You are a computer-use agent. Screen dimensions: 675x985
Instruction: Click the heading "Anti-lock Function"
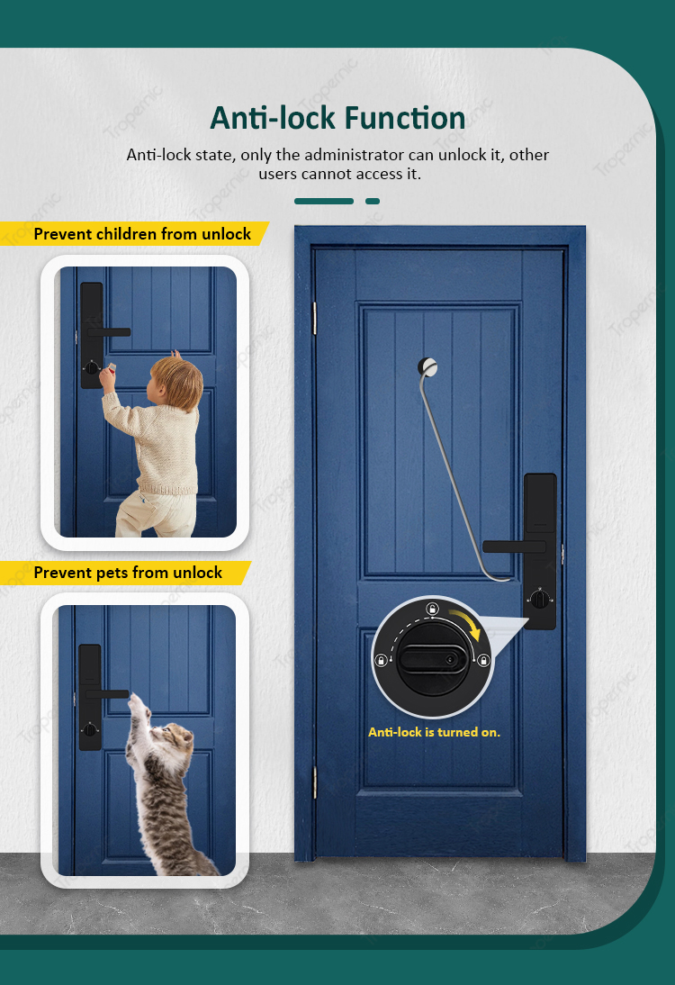tap(337, 118)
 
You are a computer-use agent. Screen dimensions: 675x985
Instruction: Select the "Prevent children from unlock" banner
tap(134, 234)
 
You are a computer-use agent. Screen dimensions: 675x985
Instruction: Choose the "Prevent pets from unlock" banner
tap(126, 573)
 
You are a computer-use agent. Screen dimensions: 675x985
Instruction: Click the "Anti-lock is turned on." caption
tap(434, 732)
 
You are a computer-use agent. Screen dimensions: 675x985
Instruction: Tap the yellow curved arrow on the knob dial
tap(466, 623)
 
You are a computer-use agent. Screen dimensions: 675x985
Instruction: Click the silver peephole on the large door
tap(427, 366)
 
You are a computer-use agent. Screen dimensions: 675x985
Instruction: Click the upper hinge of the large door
tap(315, 318)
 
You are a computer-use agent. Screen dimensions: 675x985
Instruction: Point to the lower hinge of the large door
tap(315, 782)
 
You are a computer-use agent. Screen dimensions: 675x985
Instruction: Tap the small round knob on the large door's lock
tap(539, 599)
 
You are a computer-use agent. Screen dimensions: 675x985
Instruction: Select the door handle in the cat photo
tap(107, 694)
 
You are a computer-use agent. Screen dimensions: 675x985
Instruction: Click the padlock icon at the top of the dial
tap(432, 609)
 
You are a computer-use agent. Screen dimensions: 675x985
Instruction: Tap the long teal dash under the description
tap(324, 201)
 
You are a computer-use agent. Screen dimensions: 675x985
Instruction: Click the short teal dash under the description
tap(373, 201)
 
